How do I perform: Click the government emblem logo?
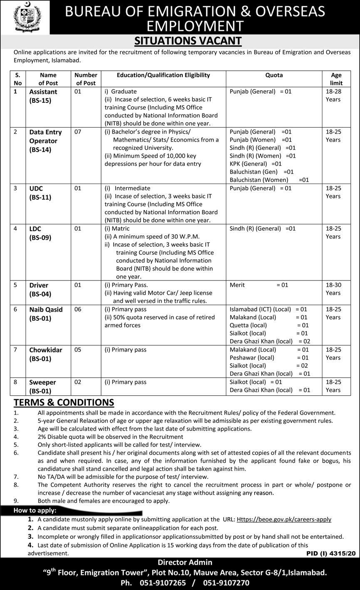[25, 17]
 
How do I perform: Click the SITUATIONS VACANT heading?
[188, 40]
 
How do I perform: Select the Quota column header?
[274, 75]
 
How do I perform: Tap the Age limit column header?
[336, 79]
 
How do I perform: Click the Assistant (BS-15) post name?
[43, 96]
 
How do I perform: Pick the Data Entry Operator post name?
[45, 141]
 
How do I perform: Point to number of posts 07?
[78, 132]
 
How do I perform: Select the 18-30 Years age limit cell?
[333, 289]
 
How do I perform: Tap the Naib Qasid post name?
[46, 314]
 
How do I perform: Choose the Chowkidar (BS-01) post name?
[46, 354]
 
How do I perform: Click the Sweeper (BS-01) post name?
[42, 387]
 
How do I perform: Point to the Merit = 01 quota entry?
[258, 285]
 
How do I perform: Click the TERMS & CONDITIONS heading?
[64, 402]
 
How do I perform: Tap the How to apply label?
[35, 511]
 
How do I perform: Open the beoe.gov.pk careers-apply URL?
[284, 519]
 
